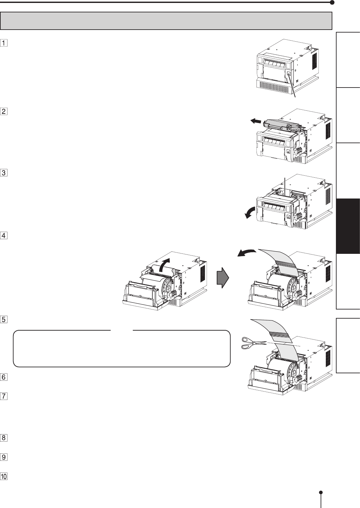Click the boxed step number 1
point(4,43)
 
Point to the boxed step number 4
point(4,235)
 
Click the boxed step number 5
point(4,320)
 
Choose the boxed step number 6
point(4,377)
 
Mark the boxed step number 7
point(4,397)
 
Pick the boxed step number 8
point(4,438)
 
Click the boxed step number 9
point(4,457)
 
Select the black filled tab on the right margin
point(348,226)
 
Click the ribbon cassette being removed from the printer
point(282,125)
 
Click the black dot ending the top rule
point(332,3)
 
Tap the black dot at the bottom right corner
point(321,492)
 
